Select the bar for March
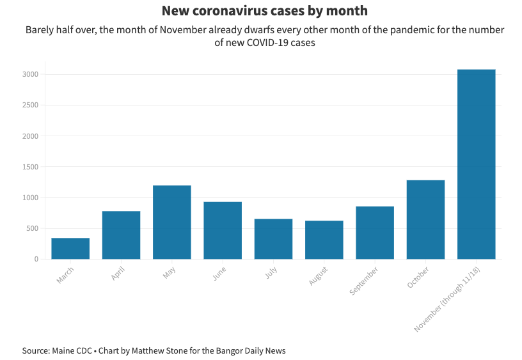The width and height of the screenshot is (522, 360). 70,248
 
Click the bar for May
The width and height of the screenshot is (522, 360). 171,222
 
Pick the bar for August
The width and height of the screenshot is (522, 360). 324,240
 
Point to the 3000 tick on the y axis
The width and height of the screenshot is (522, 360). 30,75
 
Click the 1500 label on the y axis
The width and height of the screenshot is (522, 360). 30,167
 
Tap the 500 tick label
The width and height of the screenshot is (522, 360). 32,228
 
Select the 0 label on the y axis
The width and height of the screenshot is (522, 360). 36,259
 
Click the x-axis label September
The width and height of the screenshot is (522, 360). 365,280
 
